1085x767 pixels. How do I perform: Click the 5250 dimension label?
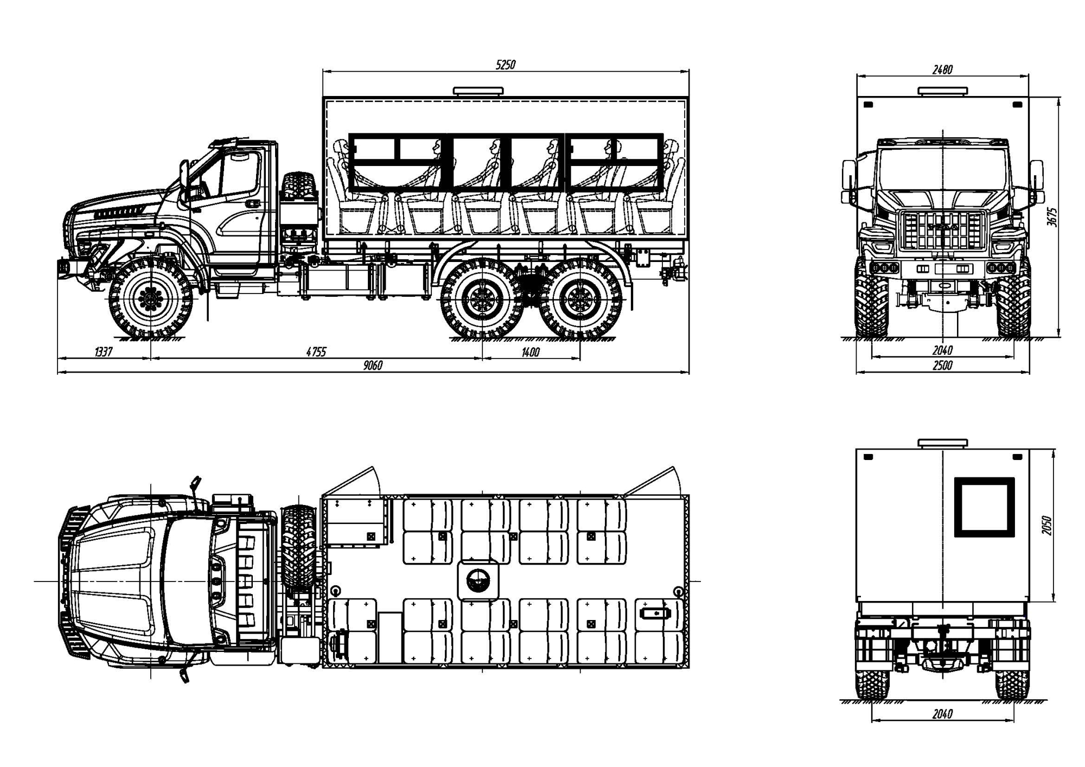click(x=506, y=65)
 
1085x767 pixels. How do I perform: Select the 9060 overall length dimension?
click(x=373, y=366)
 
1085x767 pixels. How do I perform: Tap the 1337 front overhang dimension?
click(x=103, y=352)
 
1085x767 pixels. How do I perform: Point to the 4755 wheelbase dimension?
click(x=316, y=352)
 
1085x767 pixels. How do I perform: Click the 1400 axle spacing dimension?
click(x=531, y=352)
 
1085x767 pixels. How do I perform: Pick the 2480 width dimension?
click(x=942, y=69)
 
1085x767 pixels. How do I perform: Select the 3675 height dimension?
click(x=1052, y=217)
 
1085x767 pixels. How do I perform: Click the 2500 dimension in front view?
click(x=942, y=366)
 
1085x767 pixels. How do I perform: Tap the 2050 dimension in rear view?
click(x=1047, y=525)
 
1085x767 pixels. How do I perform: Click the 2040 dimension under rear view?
click(x=942, y=714)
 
